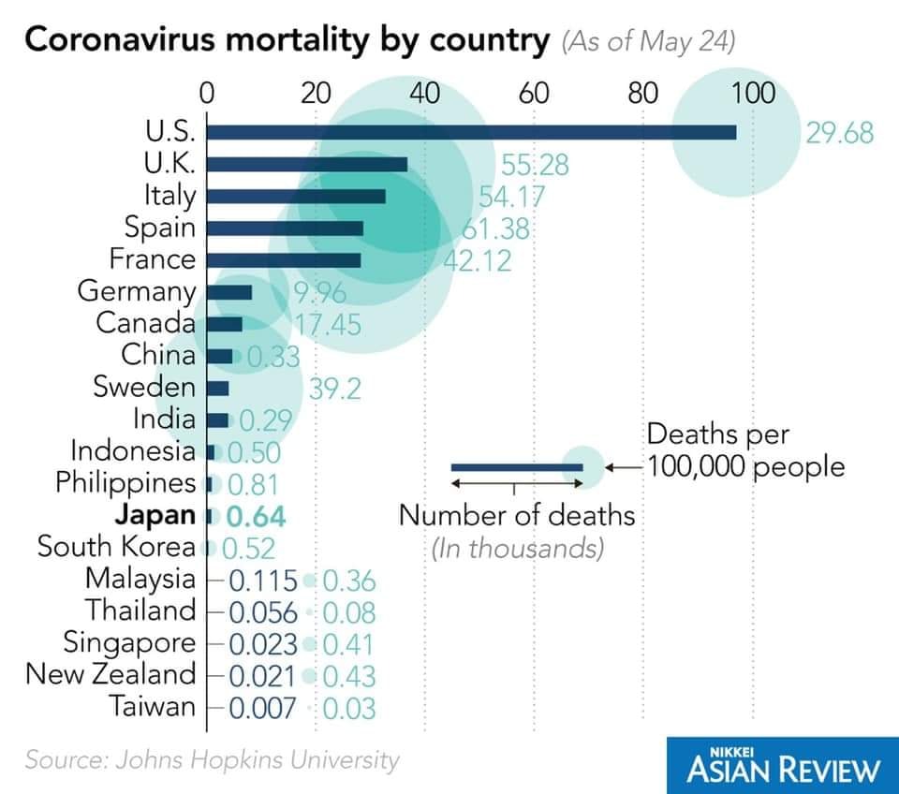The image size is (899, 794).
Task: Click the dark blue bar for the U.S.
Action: (x=468, y=133)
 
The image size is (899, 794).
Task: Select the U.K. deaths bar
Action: (x=306, y=165)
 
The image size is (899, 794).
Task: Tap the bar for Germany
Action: (x=228, y=292)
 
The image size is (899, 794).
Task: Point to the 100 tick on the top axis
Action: (x=752, y=94)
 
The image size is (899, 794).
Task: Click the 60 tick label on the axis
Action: (x=534, y=94)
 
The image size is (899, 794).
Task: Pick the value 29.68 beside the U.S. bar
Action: (x=839, y=133)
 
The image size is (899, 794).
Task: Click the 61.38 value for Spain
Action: (x=495, y=228)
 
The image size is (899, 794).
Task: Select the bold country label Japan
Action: (x=155, y=515)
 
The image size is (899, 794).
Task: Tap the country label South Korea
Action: (x=116, y=547)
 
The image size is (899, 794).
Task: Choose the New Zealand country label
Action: (x=111, y=674)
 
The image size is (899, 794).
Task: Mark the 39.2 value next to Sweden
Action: (x=334, y=388)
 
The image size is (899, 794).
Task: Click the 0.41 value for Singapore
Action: (x=348, y=644)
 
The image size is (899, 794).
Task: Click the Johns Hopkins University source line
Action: (x=212, y=759)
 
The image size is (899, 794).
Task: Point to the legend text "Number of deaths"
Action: (x=517, y=516)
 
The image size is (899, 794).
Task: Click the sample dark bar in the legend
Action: (x=515, y=466)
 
